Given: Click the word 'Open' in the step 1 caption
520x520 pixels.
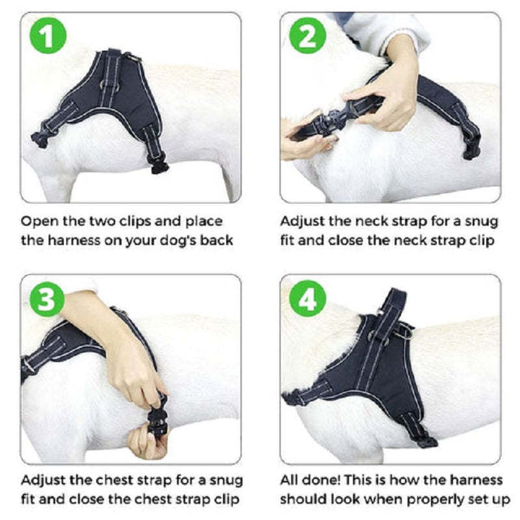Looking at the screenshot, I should (x=38, y=222).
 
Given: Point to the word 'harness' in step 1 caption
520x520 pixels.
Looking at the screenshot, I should (x=71, y=240).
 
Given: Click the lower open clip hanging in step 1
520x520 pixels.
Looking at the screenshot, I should (x=158, y=165).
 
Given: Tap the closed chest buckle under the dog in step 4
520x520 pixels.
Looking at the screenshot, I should (x=426, y=441).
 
